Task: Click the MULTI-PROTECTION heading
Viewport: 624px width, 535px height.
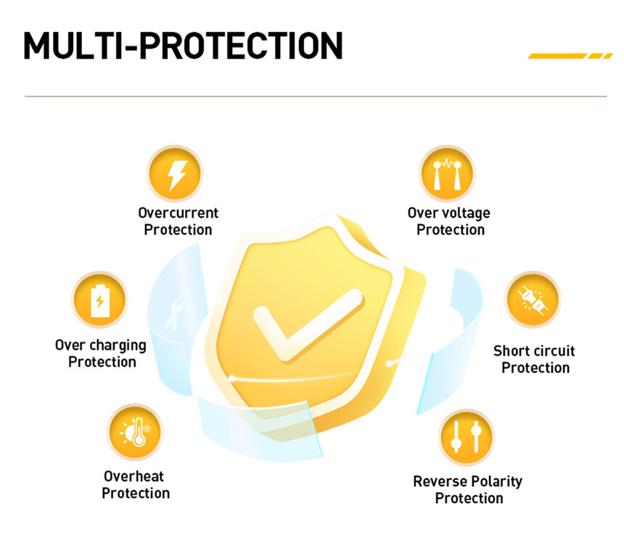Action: point(183,46)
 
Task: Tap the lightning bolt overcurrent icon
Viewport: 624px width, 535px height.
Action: point(175,173)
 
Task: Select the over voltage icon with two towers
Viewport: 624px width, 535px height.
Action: point(447,173)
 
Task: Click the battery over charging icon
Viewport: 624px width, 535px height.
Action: point(99,300)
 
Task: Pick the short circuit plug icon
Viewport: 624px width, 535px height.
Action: point(533,300)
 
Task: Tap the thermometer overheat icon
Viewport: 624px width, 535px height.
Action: point(135,433)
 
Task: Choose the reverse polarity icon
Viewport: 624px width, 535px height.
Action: point(467,437)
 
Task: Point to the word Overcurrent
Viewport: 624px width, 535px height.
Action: point(178,213)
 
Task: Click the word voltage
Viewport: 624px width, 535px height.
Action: point(465,213)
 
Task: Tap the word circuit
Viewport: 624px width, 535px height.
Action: point(551,351)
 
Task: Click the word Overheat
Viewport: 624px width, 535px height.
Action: point(134,476)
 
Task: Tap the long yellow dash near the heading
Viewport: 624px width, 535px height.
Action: point(557,56)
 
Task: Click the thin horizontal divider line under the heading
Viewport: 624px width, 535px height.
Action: point(316,97)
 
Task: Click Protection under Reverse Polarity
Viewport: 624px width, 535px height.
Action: point(469,499)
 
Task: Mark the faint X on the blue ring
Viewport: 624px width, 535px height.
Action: point(174,315)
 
